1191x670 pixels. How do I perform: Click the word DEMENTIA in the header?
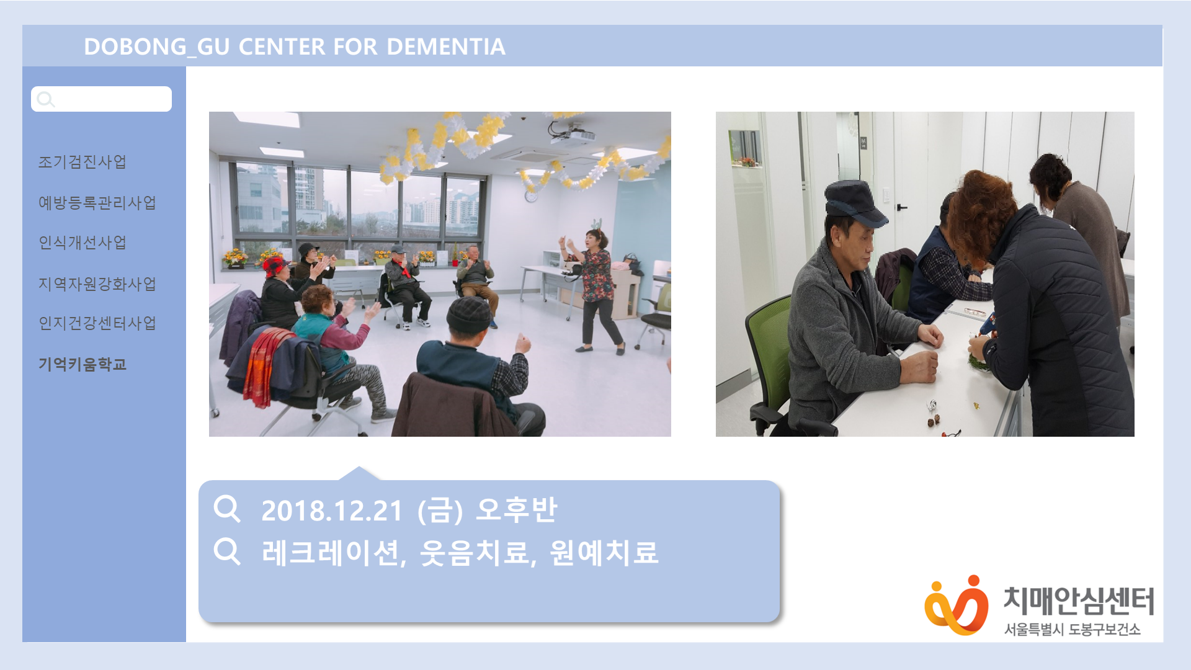tap(446, 47)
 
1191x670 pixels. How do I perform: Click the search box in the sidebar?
tap(101, 99)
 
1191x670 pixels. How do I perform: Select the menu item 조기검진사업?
tap(83, 162)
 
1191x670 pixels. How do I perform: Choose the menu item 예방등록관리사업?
tap(97, 203)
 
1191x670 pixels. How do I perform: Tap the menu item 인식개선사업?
tap(83, 243)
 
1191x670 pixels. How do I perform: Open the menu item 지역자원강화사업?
tap(97, 284)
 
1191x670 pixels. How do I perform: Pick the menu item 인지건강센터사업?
tap(97, 323)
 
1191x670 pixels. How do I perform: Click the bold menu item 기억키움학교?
tap(83, 364)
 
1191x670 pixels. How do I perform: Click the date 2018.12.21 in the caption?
tap(332, 511)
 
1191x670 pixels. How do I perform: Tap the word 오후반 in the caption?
tap(517, 510)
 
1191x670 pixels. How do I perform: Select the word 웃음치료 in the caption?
tap(475, 552)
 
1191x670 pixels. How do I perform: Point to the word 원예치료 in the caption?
tap(604, 552)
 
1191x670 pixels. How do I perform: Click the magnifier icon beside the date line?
tap(226, 509)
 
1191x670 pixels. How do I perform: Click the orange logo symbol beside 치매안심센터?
tap(956, 605)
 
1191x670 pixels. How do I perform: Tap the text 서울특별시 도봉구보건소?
tap(1073, 629)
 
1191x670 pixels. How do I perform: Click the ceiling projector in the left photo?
tap(571, 132)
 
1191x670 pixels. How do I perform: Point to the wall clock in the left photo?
tap(531, 196)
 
